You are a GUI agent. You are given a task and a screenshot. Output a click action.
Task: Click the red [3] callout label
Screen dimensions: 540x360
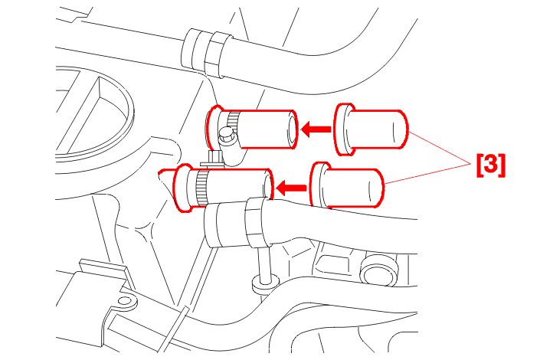click(x=491, y=165)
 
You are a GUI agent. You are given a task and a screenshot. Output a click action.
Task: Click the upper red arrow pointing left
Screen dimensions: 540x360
click(x=316, y=129)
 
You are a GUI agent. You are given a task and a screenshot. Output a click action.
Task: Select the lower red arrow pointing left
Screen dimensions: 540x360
click(x=291, y=188)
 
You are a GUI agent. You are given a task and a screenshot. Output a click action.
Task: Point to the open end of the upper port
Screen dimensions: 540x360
click(x=293, y=129)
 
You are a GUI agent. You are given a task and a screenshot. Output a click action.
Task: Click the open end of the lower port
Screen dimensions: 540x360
click(x=268, y=186)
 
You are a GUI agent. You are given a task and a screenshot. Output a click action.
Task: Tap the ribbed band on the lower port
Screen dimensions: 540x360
click(x=201, y=188)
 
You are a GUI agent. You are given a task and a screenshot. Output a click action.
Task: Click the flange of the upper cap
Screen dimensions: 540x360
click(x=343, y=129)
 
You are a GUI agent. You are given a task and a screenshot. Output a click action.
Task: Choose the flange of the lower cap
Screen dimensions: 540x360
click(x=318, y=186)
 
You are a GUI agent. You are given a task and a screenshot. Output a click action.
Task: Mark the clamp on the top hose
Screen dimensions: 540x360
click(x=216, y=54)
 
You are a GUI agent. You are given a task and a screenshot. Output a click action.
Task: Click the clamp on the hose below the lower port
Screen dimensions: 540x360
click(x=257, y=222)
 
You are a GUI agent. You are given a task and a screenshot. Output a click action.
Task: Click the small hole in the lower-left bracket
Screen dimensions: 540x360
click(x=125, y=301)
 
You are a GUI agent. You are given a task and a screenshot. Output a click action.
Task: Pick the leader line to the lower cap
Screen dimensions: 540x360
click(x=427, y=174)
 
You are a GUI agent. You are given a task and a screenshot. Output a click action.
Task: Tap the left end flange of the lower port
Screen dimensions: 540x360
click(x=182, y=188)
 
